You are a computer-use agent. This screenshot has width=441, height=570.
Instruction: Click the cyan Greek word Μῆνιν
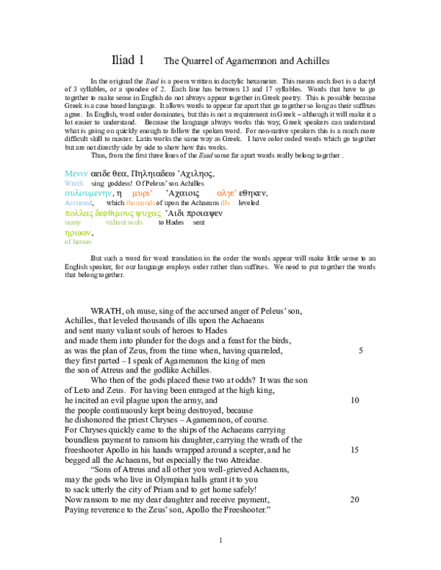click(76, 174)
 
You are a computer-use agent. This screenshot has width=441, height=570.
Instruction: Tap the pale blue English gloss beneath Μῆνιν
click(74, 183)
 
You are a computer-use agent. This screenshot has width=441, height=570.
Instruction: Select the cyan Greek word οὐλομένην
click(88, 193)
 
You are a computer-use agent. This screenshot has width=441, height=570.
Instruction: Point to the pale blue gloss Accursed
click(78, 203)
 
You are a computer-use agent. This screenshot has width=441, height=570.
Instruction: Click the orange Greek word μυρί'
click(143, 193)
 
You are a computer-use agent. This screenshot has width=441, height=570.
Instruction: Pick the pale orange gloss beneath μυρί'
click(140, 203)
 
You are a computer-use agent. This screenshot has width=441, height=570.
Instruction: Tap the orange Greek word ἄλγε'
click(226, 193)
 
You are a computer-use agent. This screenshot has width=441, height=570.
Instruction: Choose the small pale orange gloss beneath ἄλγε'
click(225, 203)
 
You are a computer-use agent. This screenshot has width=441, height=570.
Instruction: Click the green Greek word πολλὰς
click(77, 214)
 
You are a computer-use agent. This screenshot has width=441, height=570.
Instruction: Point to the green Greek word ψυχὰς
click(148, 214)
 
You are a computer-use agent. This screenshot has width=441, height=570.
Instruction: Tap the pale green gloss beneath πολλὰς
click(72, 223)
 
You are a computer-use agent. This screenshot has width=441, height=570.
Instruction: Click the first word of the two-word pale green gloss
click(115, 223)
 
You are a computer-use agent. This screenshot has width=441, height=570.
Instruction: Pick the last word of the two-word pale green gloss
click(135, 223)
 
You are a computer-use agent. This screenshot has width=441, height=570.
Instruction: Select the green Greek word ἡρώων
click(78, 233)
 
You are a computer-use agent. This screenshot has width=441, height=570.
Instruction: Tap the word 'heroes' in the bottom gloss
click(81, 242)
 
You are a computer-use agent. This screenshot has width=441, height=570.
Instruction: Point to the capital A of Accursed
click(67, 203)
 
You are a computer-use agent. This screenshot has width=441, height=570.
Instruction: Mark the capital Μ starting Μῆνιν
click(68, 174)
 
